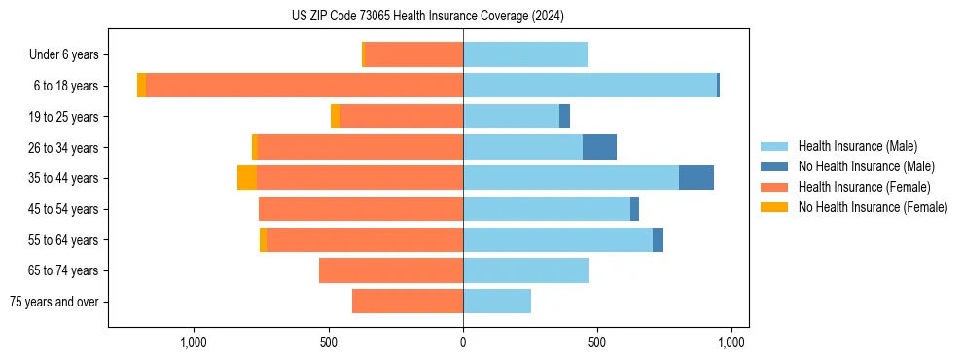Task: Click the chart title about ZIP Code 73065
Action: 427,17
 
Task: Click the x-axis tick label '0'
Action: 463,342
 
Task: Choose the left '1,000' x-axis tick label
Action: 194,342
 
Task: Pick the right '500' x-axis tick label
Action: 597,342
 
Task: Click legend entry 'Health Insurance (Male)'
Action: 857,146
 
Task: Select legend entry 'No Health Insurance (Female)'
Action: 873,207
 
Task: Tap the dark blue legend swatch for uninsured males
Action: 775,166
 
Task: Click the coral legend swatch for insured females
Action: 775,187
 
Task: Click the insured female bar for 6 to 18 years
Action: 304,86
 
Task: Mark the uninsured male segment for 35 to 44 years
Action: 696,178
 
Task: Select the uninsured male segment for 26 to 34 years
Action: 599,147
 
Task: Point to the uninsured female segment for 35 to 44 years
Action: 247,178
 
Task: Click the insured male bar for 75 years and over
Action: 497,302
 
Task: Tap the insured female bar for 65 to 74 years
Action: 391,270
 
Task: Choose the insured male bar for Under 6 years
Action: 525,54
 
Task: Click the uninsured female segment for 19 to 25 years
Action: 336,117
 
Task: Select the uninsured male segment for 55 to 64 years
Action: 658,239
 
